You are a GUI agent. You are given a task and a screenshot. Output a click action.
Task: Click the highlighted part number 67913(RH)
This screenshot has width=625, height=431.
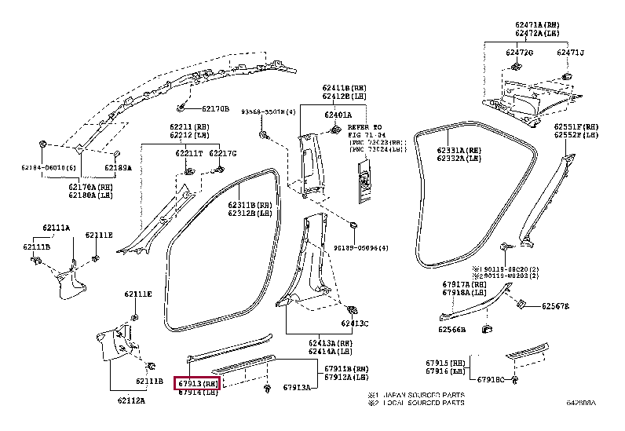coord(198,382)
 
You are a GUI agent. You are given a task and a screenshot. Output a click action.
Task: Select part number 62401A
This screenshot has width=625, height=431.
coord(338,115)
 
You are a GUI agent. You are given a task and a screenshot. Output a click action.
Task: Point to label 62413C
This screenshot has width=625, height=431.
coord(354,323)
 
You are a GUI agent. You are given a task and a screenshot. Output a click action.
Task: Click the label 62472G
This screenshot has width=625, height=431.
coord(519,53)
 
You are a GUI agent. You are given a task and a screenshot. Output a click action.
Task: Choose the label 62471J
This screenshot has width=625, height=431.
coord(571,53)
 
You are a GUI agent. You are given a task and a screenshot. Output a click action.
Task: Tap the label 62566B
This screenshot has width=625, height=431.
coord(452,329)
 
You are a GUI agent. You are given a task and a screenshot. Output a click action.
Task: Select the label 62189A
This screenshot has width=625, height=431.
coord(119,168)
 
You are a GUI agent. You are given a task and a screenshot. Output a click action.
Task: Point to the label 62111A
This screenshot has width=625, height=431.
coord(56,228)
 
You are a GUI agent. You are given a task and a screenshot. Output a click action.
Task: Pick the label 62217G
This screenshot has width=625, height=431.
coord(222,153)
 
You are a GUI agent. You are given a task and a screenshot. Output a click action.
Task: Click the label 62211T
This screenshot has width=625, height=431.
coord(188,153)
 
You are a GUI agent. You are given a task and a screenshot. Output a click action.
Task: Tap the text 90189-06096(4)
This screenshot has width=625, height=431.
coord(360,248)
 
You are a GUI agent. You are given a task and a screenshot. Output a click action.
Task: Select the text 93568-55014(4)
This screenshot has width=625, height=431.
coord(269,112)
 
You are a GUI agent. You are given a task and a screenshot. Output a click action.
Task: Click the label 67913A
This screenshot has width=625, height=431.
coord(297,388)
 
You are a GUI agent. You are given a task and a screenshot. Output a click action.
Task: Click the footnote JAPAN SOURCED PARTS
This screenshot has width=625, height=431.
coord(423,395)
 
